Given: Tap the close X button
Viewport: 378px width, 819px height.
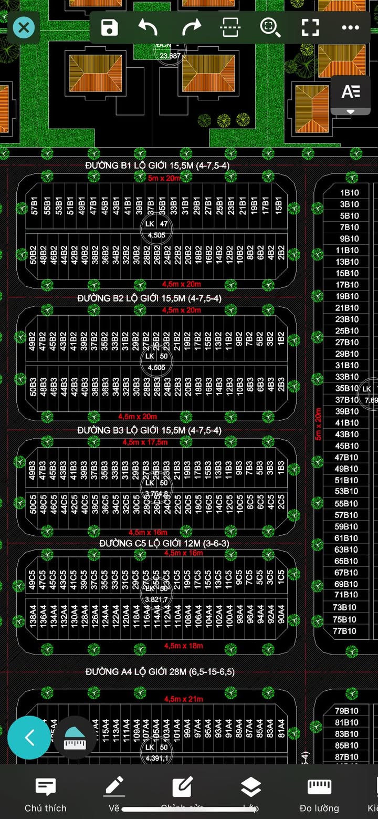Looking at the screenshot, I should [24, 27].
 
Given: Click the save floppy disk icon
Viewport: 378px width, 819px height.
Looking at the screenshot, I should [109, 27].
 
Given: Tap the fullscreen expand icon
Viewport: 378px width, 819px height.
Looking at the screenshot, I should [310, 27].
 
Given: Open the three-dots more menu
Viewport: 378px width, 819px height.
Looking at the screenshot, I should [350, 27].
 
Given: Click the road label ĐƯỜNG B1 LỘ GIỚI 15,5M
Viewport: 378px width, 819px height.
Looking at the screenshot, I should [157, 165].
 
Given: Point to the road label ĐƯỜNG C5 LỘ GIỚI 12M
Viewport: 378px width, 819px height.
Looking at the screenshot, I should [164, 543].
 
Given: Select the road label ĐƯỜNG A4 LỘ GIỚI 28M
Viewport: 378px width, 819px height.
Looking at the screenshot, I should [160, 672].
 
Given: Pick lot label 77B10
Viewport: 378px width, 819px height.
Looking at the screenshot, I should [345, 631].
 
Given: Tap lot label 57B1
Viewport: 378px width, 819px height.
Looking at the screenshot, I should [35, 206].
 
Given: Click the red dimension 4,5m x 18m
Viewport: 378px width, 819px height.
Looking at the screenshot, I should [183, 646].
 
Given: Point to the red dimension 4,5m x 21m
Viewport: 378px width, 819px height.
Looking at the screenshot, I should [183, 699].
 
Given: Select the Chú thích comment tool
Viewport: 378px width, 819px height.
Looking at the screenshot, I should [46, 793].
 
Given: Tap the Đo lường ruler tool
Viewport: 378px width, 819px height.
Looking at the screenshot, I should [319, 793].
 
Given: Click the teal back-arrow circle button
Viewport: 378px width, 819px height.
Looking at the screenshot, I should [29, 738].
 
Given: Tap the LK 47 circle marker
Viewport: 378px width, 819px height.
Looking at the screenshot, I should [156, 224].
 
